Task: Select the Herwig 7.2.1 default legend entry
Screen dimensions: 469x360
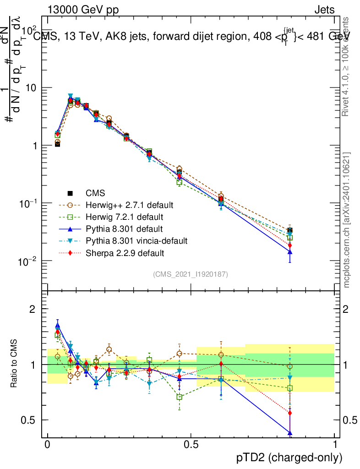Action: click(124, 217)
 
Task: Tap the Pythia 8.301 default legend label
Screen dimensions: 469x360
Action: click(124, 229)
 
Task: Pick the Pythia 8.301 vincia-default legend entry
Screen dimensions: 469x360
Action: click(136, 240)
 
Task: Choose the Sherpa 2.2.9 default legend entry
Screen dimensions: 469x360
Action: click(125, 253)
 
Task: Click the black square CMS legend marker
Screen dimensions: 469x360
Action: click(70, 193)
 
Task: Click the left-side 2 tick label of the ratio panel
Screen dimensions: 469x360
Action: click(33, 309)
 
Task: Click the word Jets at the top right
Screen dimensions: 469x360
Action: click(324, 10)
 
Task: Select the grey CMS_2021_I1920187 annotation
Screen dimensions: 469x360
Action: click(191, 274)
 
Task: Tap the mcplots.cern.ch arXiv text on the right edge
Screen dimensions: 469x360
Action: click(347, 220)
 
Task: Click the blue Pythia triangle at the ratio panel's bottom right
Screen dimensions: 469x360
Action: click(289, 432)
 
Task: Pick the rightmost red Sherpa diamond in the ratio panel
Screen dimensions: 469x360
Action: click(289, 413)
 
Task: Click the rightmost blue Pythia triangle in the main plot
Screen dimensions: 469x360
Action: click(289, 251)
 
